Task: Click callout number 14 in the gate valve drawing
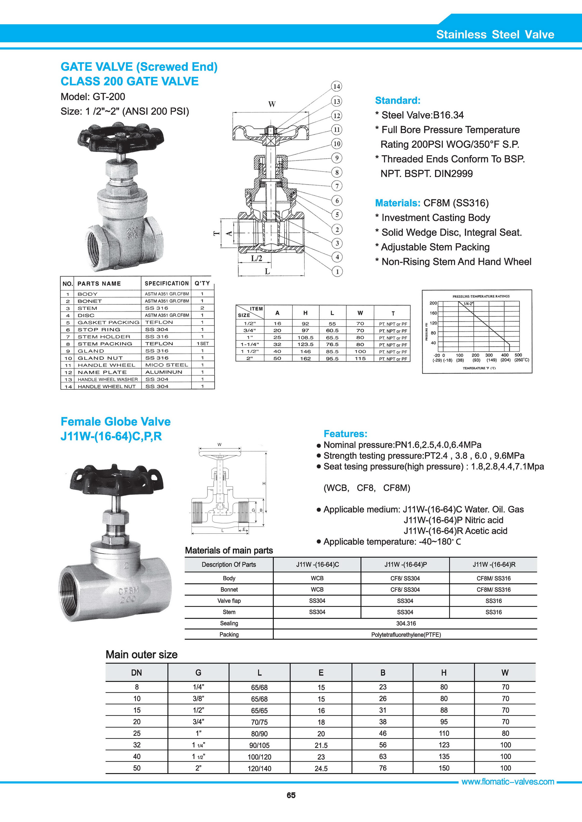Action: [336, 86]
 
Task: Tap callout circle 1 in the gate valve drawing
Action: [337, 271]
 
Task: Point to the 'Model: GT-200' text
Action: [93, 97]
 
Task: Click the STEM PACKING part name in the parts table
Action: [105, 344]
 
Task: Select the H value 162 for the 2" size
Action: [305, 358]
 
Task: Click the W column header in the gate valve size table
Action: [360, 313]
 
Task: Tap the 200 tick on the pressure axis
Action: [433, 303]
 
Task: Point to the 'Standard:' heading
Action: [397, 101]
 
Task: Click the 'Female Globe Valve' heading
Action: [115, 421]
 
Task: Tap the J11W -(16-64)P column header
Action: [405, 565]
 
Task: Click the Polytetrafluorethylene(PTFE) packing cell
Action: [406, 635]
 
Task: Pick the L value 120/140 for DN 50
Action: [259, 768]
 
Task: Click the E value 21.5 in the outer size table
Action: [321, 745]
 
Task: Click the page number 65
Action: [291, 805]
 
